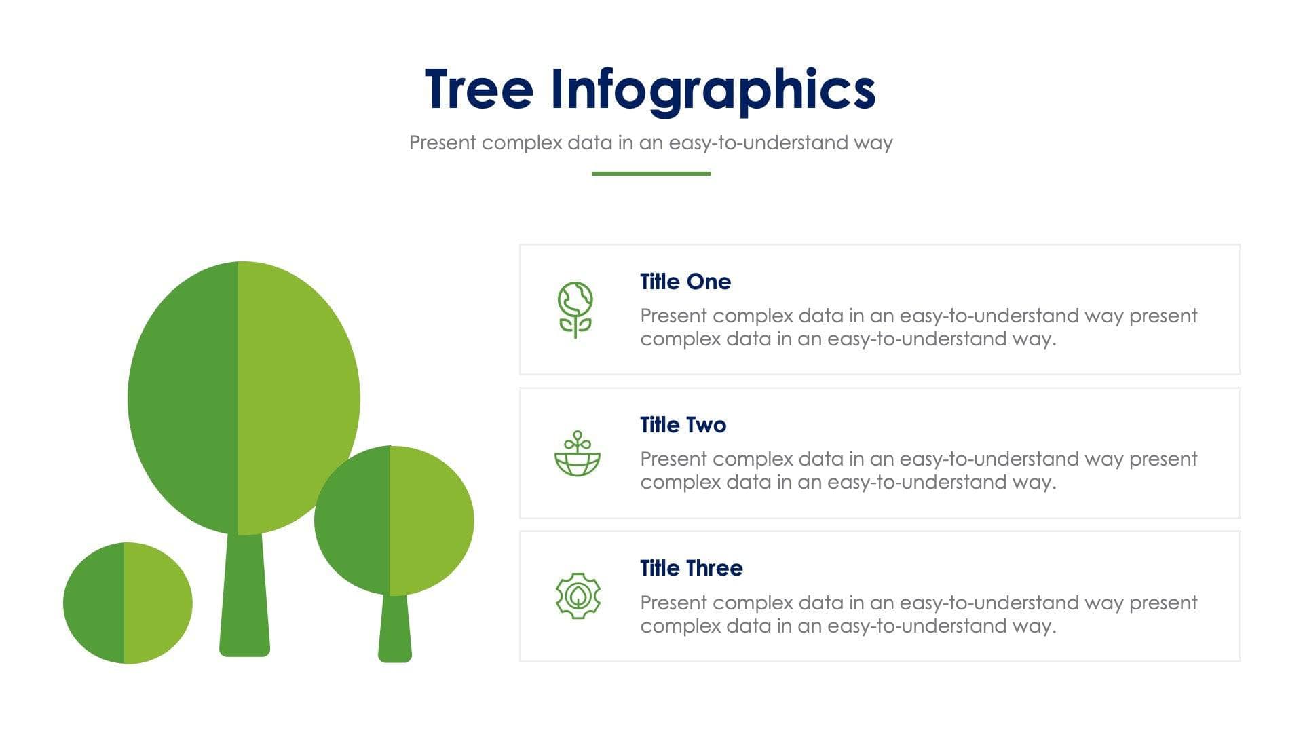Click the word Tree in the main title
[x=479, y=89]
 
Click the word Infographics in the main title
[x=713, y=90]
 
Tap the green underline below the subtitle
[x=650, y=174]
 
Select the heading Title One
[x=685, y=282]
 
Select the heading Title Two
[x=683, y=425]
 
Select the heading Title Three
[x=691, y=568]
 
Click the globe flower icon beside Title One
[x=575, y=309]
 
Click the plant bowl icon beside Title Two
[x=577, y=454]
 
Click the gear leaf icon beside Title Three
[x=578, y=596]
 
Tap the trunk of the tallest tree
[x=244, y=597]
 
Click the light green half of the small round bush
[x=157, y=603]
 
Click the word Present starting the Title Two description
[x=673, y=459]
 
